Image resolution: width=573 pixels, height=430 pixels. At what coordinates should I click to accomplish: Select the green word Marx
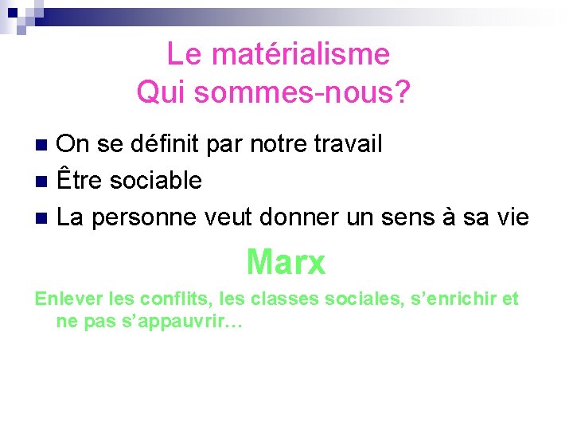point(286,262)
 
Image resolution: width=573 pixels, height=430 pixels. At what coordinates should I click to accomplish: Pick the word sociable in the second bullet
point(156,180)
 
